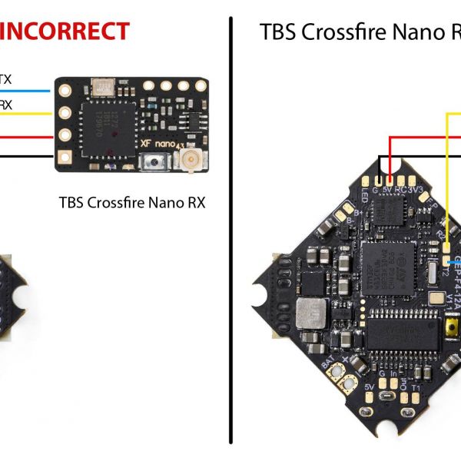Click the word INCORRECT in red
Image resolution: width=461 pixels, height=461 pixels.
(65, 32)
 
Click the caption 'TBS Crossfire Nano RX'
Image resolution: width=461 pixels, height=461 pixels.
(132, 203)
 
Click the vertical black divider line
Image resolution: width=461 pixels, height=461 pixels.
(230, 230)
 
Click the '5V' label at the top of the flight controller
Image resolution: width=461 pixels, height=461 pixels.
(388, 185)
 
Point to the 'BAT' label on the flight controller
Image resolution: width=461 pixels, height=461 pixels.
(328, 360)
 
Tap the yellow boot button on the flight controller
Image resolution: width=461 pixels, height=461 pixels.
(452, 330)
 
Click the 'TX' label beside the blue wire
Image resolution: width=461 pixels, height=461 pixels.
(5, 79)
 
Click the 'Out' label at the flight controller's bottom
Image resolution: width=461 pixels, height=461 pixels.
(404, 382)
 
